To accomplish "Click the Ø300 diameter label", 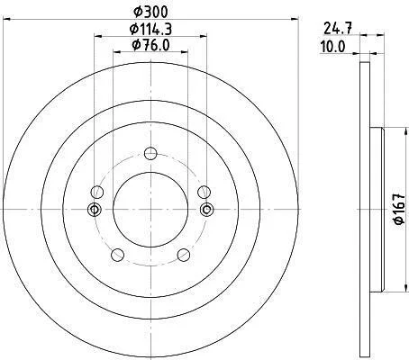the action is (150, 12).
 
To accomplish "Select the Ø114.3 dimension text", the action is (150, 29).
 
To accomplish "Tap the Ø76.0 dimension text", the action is (150, 45).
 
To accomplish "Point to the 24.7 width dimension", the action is (338, 29).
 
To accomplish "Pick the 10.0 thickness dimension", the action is (333, 47).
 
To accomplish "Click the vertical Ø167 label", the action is (399, 209).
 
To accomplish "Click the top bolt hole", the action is (150, 154).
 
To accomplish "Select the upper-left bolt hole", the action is (97, 193).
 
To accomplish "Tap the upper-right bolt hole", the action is (204, 193).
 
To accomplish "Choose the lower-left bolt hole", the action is (117, 255).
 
